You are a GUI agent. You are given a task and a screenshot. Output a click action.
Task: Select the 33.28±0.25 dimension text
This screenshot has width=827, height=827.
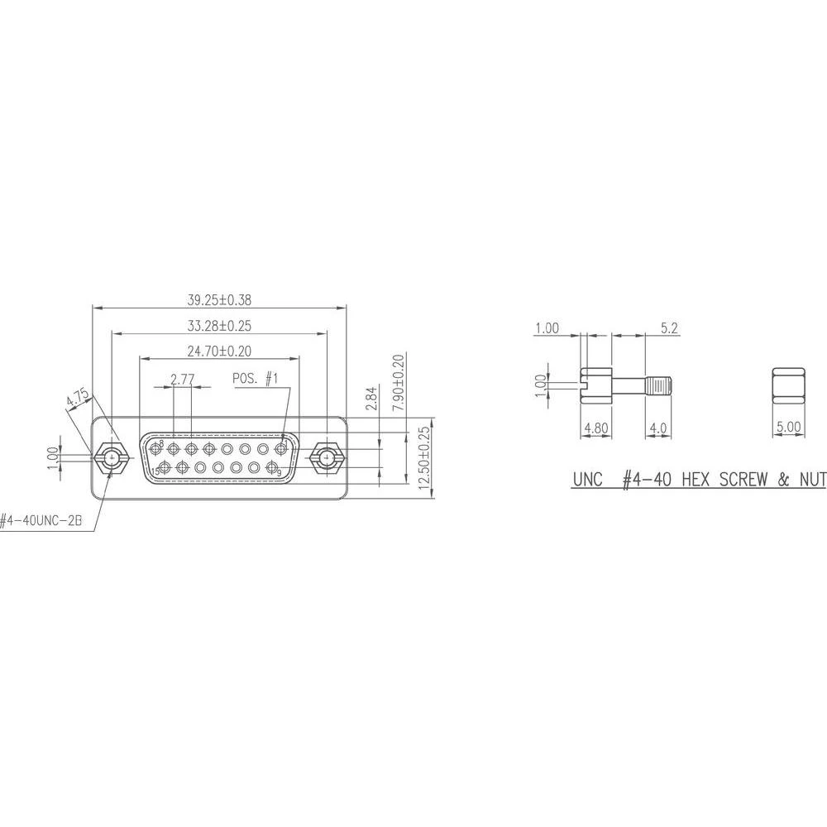tap(219, 325)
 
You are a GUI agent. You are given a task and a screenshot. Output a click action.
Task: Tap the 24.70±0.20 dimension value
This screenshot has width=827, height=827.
tap(219, 351)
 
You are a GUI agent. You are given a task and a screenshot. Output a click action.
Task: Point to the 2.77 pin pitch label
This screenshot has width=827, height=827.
tap(182, 379)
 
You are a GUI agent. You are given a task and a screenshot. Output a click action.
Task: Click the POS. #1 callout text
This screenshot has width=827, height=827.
tap(256, 378)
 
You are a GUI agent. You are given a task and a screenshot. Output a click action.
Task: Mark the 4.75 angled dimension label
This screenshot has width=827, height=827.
tap(79, 397)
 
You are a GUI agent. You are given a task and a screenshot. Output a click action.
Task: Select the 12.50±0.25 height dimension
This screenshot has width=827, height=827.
tap(424, 461)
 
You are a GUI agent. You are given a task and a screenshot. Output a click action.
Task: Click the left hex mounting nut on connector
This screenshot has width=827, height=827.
tap(110, 457)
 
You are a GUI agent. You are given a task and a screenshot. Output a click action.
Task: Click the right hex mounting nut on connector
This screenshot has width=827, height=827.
tap(327, 457)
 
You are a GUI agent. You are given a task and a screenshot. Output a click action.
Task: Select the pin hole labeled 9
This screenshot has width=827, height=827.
tap(273, 469)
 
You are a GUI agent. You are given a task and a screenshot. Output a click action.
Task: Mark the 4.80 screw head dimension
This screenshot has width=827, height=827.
tap(596, 428)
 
